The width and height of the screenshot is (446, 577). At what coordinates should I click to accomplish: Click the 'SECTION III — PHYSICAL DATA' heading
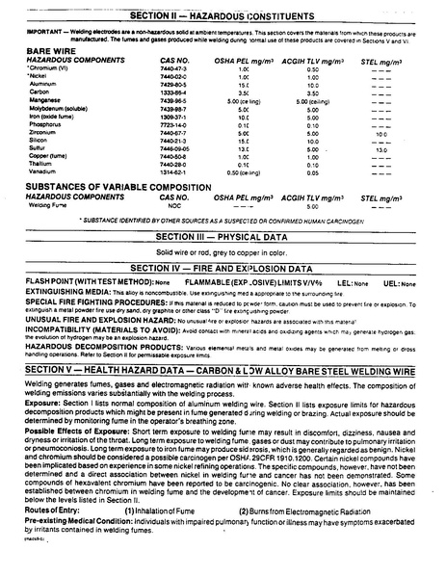point(223,236)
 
